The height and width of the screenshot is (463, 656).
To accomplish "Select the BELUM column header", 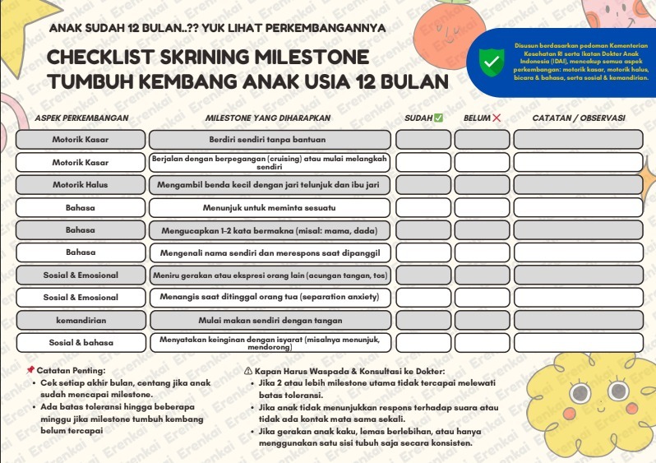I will click(x=482, y=118).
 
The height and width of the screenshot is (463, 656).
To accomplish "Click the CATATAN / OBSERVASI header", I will click(x=578, y=118).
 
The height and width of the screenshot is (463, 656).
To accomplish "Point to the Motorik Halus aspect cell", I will click(x=81, y=185).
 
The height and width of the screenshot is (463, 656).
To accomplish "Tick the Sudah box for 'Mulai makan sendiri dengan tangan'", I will click(x=423, y=320).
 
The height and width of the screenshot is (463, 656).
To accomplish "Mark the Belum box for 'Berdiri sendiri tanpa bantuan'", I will click(x=482, y=140).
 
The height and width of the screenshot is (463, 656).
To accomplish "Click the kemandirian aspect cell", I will click(x=81, y=320).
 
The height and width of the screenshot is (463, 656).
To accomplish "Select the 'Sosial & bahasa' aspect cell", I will click(x=81, y=342).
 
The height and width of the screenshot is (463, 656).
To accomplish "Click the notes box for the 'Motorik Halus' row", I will click(x=578, y=185).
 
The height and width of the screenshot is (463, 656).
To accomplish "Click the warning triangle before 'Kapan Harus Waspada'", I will click(x=248, y=371).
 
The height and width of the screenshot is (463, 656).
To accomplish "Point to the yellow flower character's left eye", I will click(x=575, y=390).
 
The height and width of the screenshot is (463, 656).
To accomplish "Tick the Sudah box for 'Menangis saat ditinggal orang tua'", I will click(x=423, y=297).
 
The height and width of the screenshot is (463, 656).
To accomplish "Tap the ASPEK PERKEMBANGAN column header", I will click(x=81, y=118).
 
